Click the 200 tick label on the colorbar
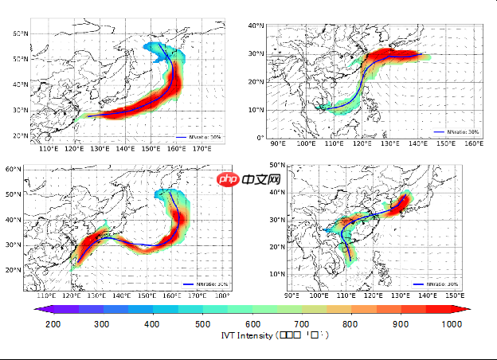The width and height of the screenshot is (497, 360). pos(53,323)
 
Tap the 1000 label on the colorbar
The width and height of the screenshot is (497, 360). pos(452,323)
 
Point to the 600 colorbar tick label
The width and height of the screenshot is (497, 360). pos(253,323)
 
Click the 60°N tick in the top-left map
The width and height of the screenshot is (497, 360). pos(20,33)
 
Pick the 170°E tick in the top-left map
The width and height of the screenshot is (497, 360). pos(202,149)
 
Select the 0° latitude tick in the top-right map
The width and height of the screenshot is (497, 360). pos(261,138)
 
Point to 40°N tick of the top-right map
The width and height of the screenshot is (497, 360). pos(256,26)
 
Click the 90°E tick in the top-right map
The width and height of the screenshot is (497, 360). pos(279,143)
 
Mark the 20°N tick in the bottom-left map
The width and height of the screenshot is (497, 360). pos(14,270)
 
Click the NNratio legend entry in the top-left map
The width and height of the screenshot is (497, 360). pos(200,138)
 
